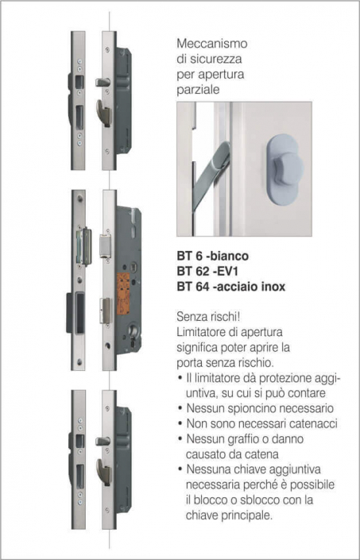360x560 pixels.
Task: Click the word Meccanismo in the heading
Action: [212, 44]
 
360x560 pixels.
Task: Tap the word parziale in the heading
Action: [198, 90]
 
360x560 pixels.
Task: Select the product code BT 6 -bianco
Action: [213, 256]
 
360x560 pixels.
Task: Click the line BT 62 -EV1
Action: [208, 272]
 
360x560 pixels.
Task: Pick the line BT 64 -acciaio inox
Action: [231, 287]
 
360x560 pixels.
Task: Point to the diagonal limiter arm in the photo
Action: [211, 174]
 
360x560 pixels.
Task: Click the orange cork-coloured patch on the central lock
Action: [123, 294]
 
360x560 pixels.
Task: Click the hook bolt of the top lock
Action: [104, 114]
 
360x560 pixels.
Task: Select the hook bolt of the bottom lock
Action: [104, 472]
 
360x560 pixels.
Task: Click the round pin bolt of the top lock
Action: [103, 83]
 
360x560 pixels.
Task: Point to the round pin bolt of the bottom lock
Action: [103, 442]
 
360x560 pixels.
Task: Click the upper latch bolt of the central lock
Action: [106, 245]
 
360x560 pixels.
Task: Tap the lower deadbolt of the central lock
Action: [106, 311]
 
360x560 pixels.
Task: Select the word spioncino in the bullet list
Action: [251, 408]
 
